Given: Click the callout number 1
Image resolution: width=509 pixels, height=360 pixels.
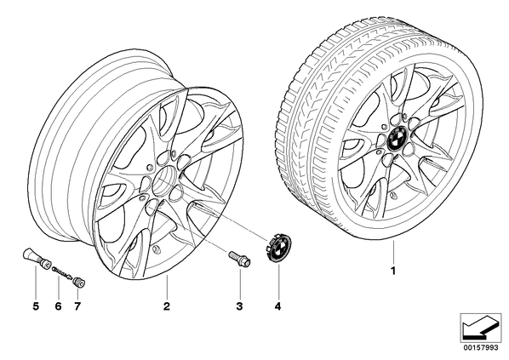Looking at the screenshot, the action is click(x=393, y=271).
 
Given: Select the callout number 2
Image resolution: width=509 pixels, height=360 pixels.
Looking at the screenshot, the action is click(x=167, y=306).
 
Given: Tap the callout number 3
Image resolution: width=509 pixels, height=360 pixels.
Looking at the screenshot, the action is click(x=239, y=306).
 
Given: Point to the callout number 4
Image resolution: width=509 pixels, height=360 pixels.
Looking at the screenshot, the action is click(x=277, y=306).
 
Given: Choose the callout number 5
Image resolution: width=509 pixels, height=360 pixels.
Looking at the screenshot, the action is click(x=36, y=306).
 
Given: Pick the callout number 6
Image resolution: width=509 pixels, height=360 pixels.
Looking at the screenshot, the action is click(x=58, y=306).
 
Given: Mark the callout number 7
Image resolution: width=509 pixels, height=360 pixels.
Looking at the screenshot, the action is click(x=77, y=306).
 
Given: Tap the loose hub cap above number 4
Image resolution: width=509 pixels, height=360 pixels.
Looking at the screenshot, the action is click(x=279, y=248).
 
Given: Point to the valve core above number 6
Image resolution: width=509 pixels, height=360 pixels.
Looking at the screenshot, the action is click(x=62, y=272).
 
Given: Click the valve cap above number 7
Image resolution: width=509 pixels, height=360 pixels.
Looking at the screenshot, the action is click(x=79, y=282).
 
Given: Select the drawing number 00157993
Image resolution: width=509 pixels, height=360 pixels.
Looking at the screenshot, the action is click(x=482, y=348).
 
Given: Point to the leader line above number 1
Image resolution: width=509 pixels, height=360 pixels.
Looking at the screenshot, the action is click(x=393, y=252).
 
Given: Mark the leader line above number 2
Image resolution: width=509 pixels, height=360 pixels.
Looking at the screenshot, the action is click(x=167, y=286).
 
